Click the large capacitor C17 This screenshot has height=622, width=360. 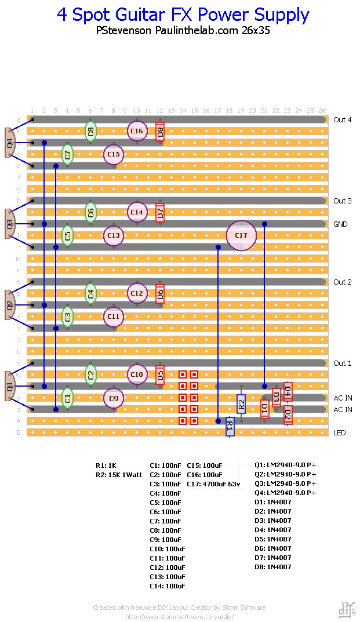[241, 235]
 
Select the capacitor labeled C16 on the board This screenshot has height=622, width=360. [137, 131]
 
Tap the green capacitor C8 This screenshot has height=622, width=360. [90, 131]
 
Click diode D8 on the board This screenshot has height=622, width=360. [160, 131]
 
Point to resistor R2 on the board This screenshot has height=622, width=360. [241, 403]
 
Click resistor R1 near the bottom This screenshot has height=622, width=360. [230, 427]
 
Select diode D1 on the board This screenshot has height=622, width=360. [264, 409]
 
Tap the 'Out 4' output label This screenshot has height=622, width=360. [342, 120]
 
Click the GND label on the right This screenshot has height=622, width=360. [340, 224]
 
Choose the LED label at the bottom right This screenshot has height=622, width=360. [340, 433]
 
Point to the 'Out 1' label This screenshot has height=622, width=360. [342, 363]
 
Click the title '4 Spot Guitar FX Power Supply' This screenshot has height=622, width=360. [183, 15]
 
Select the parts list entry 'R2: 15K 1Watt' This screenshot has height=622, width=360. [119, 474]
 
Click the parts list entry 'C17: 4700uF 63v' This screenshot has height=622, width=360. [213, 483]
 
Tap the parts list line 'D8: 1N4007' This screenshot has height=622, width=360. [274, 567]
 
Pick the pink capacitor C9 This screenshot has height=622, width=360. [114, 398]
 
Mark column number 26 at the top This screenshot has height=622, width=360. [322, 111]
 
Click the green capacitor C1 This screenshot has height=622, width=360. [67, 398]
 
